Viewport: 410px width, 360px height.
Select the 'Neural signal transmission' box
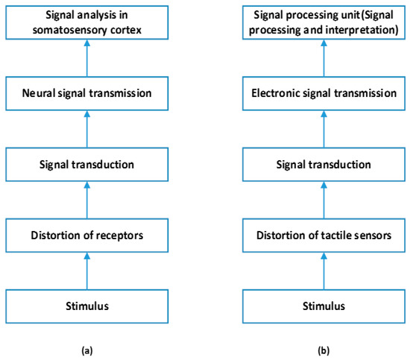click(x=87, y=93)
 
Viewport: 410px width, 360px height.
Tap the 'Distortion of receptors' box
click(x=87, y=236)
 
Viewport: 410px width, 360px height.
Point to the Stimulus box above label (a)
click(x=87, y=305)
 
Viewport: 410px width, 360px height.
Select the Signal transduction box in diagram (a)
click(x=87, y=165)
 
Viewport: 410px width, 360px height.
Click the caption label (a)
click(x=87, y=348)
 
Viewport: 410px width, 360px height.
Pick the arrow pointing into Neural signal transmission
click(x=87, y=129)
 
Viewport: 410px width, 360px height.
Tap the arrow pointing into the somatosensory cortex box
click(x=87, y=57)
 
